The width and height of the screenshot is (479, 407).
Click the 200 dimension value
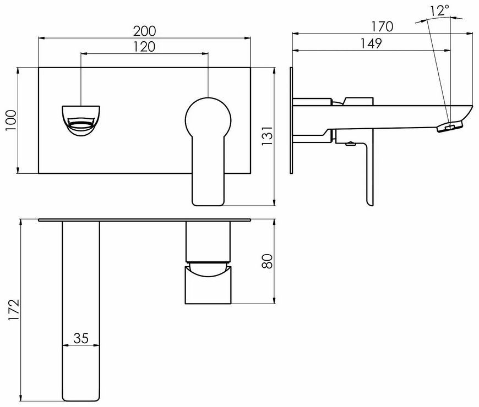pyautogui.click(x=144, y=31)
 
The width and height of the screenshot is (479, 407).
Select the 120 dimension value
pyautogui.click(x=144, y=47)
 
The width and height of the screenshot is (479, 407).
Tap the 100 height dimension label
pyautogui.click(x=12, y=120)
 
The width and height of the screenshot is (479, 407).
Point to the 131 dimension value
pyautogui.click(x=267, y=135)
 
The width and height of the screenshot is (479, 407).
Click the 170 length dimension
pyautogui.click(x=382, y=26)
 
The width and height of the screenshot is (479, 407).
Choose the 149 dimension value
pyautogui.click(x=371, y=43)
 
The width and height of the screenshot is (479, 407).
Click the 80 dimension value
pyautogui.click(x=267, y=261)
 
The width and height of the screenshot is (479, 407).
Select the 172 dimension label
pyautogui.click(x=14, y=310)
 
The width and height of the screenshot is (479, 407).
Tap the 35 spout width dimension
pyautogui.click(x=81, y=338)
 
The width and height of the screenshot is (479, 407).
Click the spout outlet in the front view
pyautogui.click(x=81, y=120)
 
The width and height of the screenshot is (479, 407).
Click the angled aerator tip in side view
pyautogui.click(x=450, y=126)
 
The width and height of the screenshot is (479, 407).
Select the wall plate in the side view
pyautogui.click(x=291, y=120)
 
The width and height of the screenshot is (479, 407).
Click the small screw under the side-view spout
pyautogui.click(x=351, y=143)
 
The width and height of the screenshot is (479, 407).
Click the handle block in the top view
pyautogui.click(x=208, y=262)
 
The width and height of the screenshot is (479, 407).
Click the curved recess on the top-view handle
pyautogui.click(x=208, y=271)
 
